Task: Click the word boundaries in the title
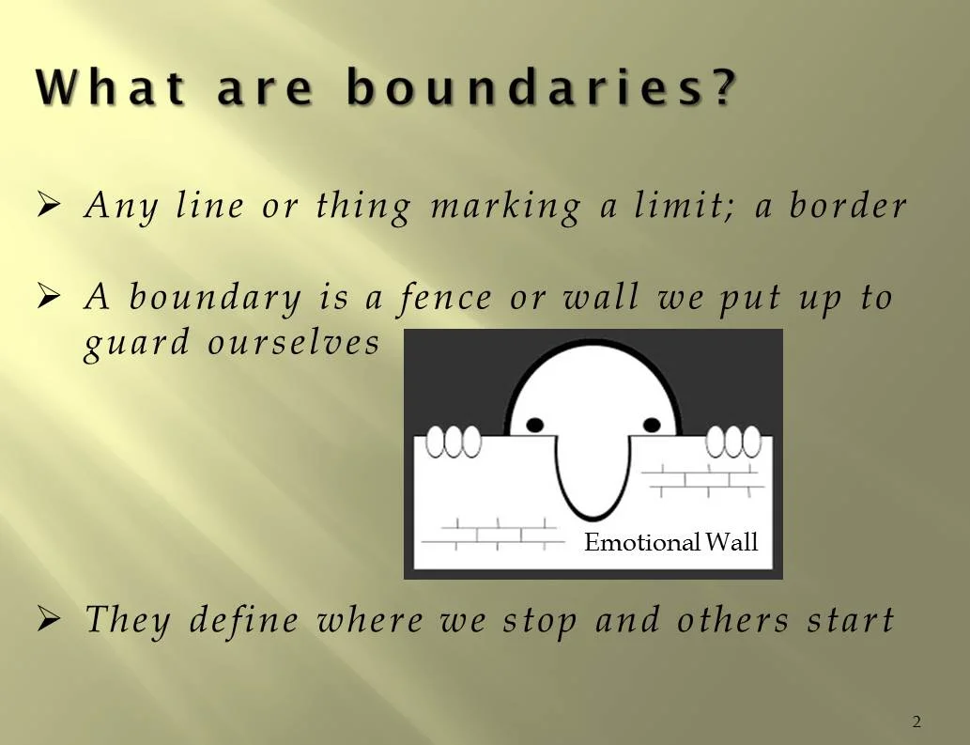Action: [540, 89]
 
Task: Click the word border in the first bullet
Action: [849, 207]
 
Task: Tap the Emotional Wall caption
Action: [670, 542]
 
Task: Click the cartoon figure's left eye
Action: [534, 425]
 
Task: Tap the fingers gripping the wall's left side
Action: [454, 441]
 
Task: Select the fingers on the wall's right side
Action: [732, 440]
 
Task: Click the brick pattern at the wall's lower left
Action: [487, 535]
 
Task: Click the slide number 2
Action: [916, 722]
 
